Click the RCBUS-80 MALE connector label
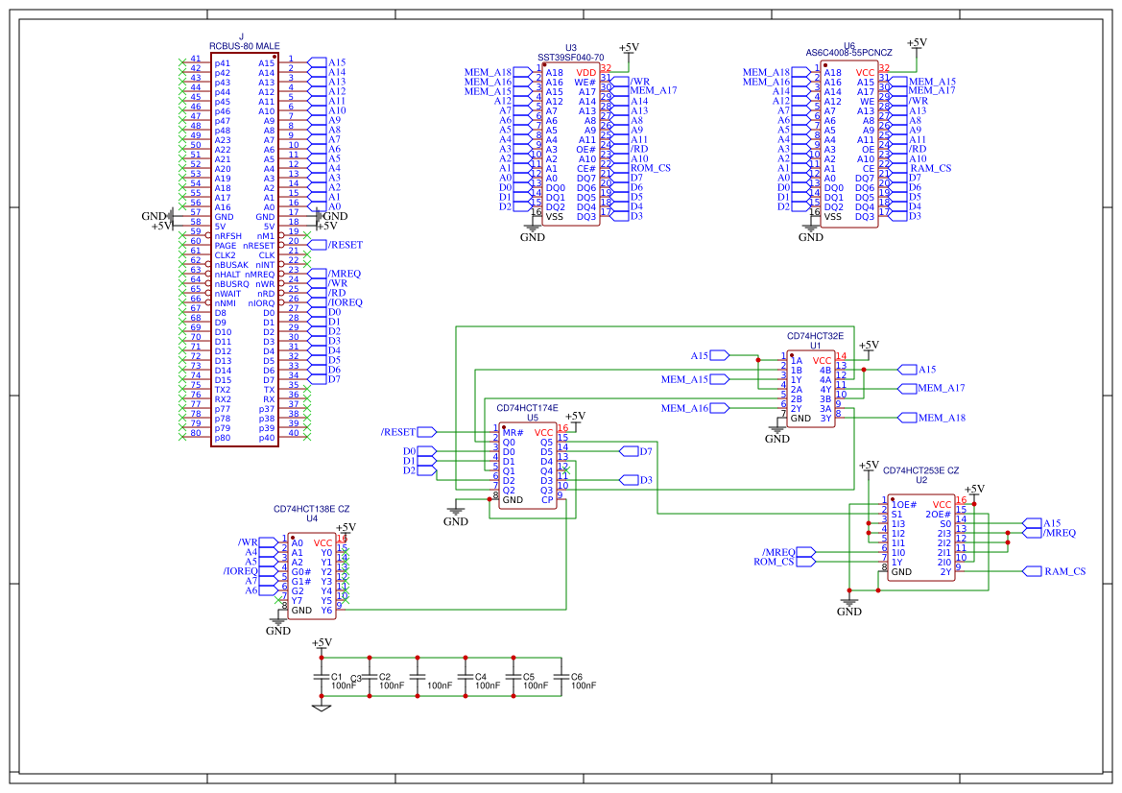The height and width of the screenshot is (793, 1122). tap(244, 46)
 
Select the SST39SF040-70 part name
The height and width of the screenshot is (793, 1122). tap(571, 58)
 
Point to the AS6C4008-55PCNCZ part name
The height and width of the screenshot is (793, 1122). tap(848, 53)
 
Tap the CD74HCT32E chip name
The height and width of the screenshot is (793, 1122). tap(815, 336)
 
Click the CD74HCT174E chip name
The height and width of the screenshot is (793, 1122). tap(527, 408)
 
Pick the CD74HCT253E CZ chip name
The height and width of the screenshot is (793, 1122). tap(920, 470)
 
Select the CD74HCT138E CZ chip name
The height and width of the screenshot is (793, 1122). tap(312, 509)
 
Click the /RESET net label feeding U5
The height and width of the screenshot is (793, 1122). tap(398, 432)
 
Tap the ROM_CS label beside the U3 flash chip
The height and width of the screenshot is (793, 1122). tap(650, 168)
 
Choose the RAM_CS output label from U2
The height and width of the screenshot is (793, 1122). tap(1065, 571)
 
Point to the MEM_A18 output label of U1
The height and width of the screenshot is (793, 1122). tap(942, 418)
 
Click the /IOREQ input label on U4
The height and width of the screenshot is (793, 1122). tap(241, 571)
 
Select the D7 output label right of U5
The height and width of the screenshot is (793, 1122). tap(645, 451)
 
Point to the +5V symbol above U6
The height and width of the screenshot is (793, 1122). tap(917, 43)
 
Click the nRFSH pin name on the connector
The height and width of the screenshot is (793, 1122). tap(230, 236)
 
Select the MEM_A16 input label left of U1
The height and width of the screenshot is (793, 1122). tap(684, 408)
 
